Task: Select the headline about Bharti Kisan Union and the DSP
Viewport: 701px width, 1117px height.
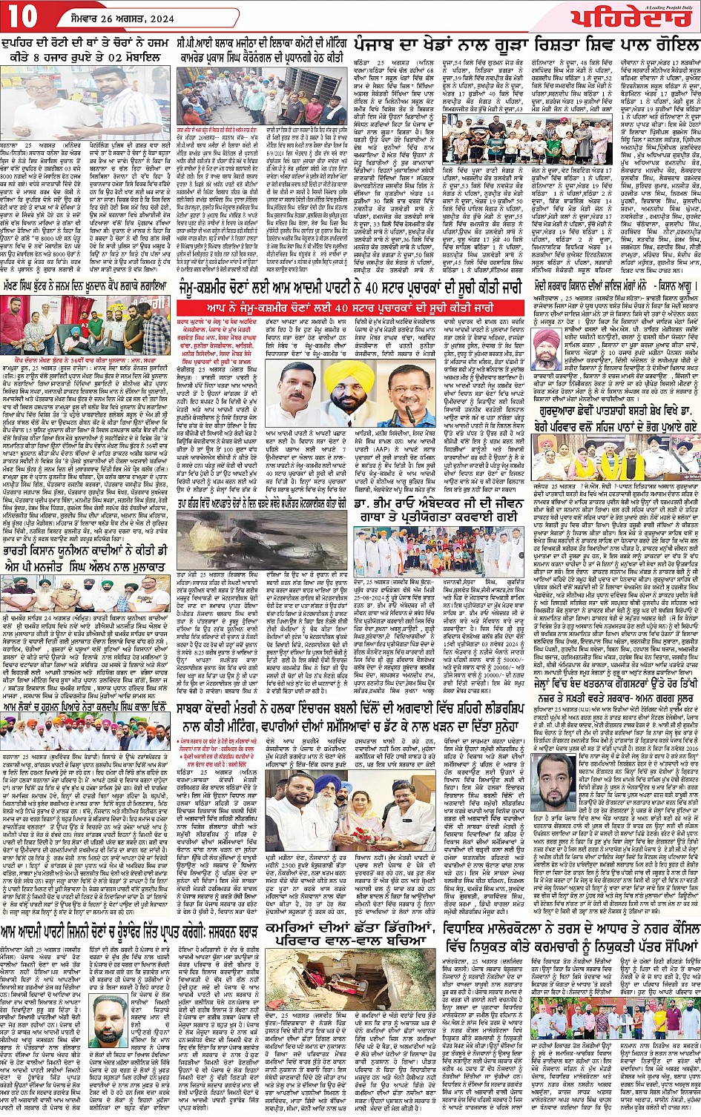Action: pos(88,560)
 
